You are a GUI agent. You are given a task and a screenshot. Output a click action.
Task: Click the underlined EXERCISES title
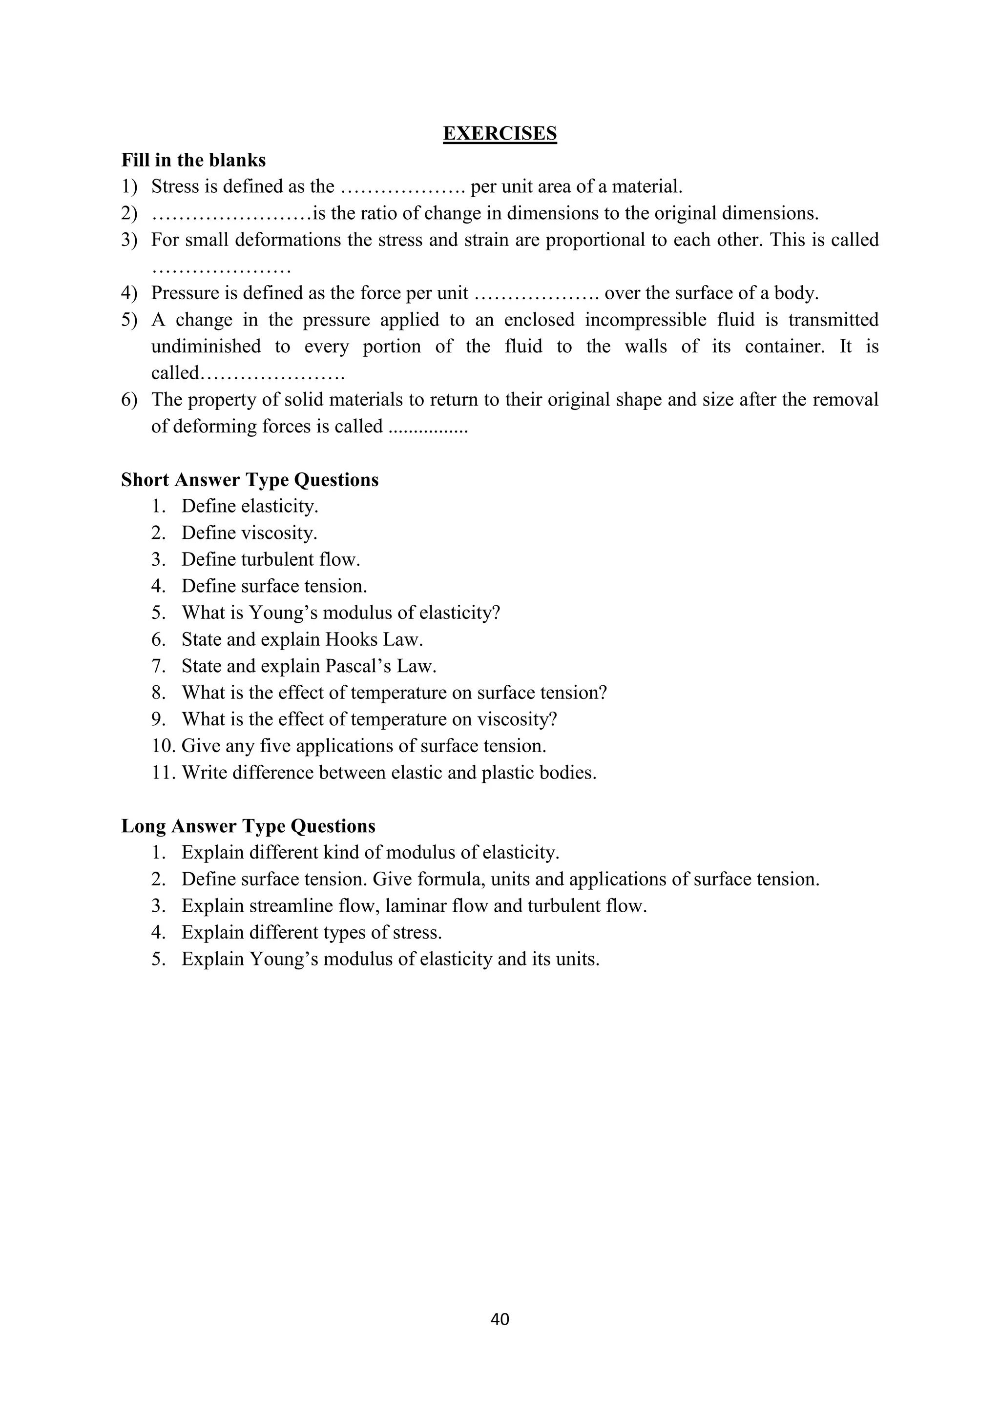(500, 134)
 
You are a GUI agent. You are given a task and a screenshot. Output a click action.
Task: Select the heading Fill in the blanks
(193, 160)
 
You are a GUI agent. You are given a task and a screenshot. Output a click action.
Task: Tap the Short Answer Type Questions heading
(250, 479)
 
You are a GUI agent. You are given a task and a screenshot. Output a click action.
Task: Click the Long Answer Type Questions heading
(248, 825)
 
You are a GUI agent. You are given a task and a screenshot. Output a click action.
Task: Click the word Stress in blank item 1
(175, 186)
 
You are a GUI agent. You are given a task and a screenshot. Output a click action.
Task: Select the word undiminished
(206, 346)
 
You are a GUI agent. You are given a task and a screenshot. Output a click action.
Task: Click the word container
(784, 346)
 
